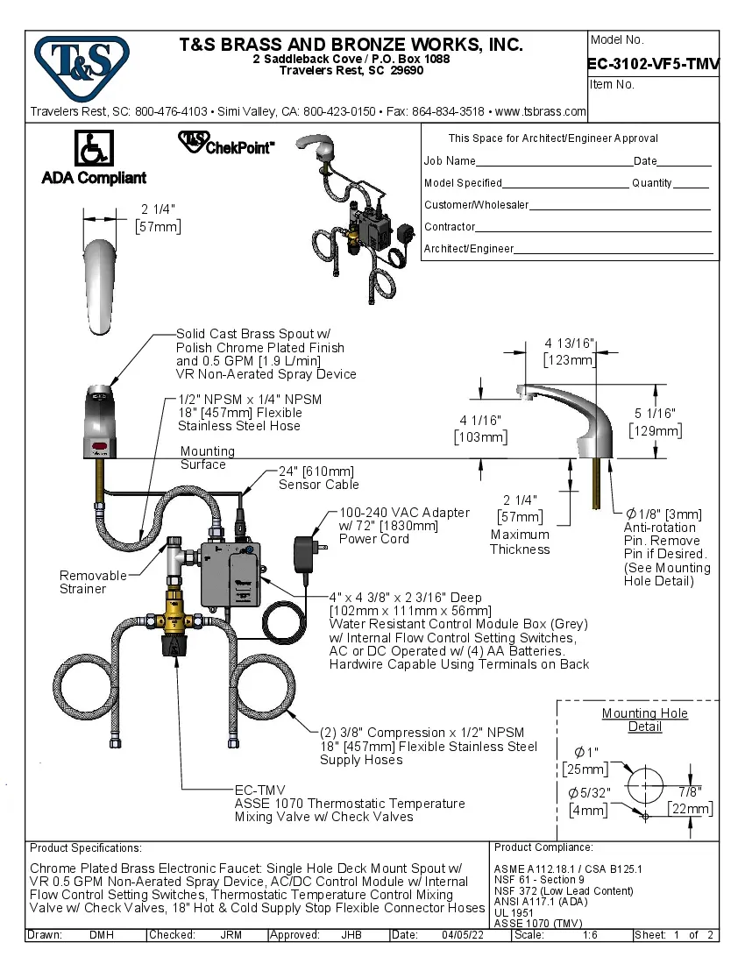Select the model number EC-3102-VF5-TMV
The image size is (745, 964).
click(x=653, y=62)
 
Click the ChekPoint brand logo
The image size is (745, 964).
click(x=226, y=144)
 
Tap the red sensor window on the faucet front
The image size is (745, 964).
click(x=99, y=446)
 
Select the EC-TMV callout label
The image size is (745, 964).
click(x=260, y=790)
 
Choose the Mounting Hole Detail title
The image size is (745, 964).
click(x=644, y=719)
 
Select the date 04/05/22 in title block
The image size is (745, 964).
click(x=464, y=935)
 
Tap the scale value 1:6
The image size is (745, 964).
click(x=591, y=935)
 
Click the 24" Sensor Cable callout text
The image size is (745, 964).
click(x=316, y=478)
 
